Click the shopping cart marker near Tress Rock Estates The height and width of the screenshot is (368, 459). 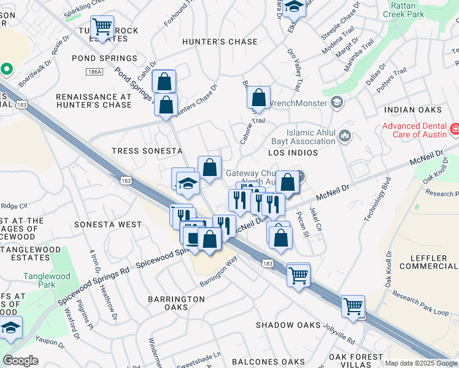tap(102, 27)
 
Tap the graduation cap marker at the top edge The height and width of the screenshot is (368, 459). tap(295, 6)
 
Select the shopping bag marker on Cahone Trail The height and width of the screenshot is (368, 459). tap(258, 98)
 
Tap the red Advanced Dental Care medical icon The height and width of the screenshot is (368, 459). tap(455, 129)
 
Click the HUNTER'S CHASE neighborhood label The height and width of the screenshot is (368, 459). tap(220, 42)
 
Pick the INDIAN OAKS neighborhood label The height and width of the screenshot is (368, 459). tap(413, 110)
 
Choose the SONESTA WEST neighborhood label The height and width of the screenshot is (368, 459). tap(108, 224)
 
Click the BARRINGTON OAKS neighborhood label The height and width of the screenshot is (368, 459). tap(176, 303)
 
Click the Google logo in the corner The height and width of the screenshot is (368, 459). tap(20, 361)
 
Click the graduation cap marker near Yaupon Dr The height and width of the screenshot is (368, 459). tap(10, 329)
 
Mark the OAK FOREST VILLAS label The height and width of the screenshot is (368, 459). tap(356, 360)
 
